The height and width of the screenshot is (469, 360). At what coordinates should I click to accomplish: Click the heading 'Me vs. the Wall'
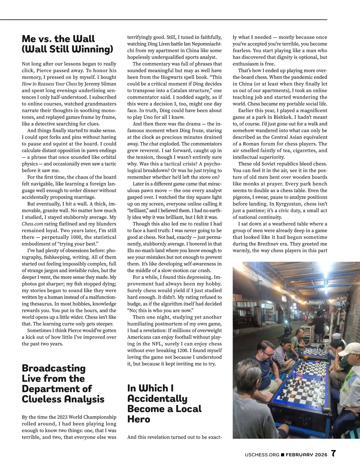[x=58, y=39]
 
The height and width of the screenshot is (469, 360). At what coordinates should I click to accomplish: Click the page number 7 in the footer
[x=333, y=454]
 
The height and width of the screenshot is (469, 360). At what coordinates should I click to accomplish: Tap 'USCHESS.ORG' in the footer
[x=262, y=455]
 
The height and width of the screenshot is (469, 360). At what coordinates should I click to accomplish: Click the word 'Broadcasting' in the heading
[x=54, y=368]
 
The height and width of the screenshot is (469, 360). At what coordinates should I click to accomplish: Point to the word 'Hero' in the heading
[x=139, y=419]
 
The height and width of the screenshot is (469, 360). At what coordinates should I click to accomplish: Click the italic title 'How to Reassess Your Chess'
[x=49, y=84]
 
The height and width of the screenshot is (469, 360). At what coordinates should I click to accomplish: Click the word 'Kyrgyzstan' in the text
[x=279, y=204]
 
